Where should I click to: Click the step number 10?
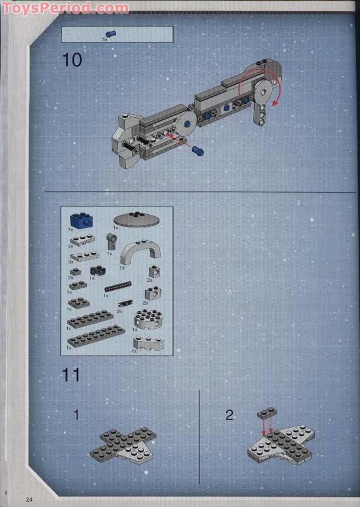point(72,60)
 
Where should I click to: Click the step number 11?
point(71,375)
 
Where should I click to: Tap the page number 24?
point(29,499)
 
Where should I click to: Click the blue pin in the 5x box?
point(112,33)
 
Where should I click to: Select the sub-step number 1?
point(76,416)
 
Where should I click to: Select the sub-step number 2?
point(229,416)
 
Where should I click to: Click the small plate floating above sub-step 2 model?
point(267,413)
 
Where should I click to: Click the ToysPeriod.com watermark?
point(65,8)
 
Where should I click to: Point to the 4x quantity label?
point(134,350)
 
